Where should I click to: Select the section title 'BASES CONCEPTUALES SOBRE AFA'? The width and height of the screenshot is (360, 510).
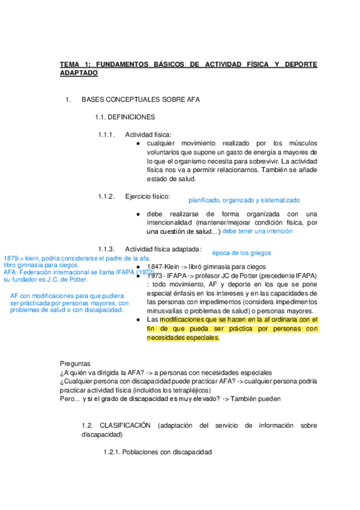click(140, 99)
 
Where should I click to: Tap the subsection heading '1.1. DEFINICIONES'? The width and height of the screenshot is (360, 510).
click(125, 117)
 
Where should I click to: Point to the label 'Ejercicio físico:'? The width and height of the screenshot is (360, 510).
click(147, 197)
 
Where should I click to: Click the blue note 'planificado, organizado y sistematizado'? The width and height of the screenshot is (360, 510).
click(244, 200)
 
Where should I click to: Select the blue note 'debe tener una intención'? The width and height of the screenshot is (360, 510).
click(257, 231)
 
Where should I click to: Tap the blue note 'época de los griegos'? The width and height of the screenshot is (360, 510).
click(241, 253)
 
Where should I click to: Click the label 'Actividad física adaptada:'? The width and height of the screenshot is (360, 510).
click(163, 249)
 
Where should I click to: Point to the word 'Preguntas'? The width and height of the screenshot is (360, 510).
click(75, 363)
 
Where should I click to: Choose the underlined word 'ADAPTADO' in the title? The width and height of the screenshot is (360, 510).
click(78, 73)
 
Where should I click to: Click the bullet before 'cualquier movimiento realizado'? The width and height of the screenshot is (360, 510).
click(139, 143)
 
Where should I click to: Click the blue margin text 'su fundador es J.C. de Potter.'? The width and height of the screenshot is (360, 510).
click(46, 279)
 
